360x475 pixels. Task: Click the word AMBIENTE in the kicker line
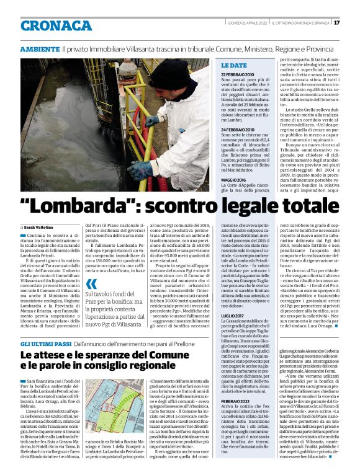(40, 48)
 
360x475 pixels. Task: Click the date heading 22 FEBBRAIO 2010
(241, 74)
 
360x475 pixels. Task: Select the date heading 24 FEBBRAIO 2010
(241, 129)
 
